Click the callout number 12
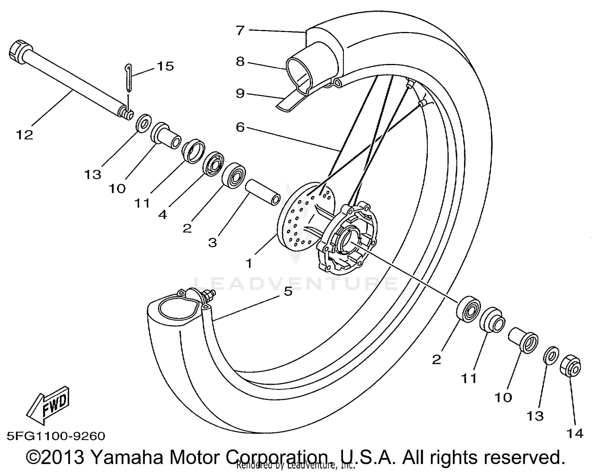tap(24, 135)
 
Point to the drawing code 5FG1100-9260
tap(56, 436)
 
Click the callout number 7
tap(240, 30)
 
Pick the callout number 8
tap(240, 62)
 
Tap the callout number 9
tap(240, 94)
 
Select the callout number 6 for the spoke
tap(240, 127)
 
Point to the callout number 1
tap(249, 263)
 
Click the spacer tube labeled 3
tap(263, 192)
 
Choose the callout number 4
tap(163, 215)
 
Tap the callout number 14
tap(575, 433)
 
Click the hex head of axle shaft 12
tap(17, 51)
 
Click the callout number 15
tap(165, 66)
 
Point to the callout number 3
tap(212, 242)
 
